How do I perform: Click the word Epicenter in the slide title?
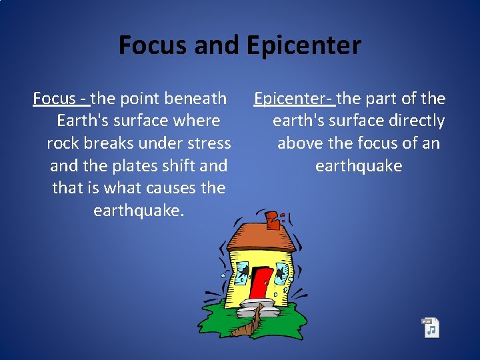(303, 45)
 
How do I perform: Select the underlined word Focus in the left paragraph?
(54, 99)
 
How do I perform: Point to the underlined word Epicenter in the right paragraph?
(291, 99)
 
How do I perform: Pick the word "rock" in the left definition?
(64, 143)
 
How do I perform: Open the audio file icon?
(431, 327)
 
